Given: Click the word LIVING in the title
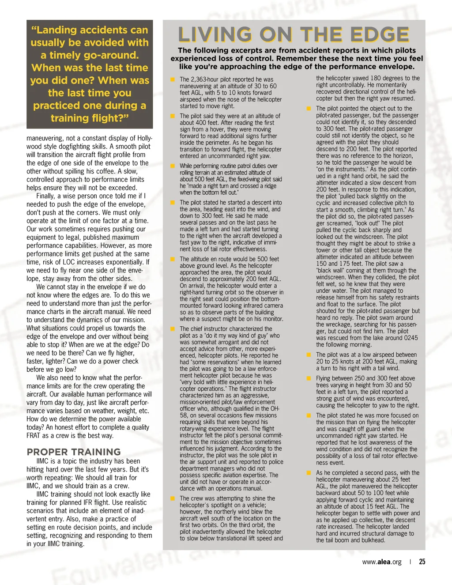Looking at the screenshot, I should click(x=215, y=35).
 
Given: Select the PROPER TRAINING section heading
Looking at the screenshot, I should click(x=74, y=452).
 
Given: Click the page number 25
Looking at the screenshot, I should click(x=422, y=562).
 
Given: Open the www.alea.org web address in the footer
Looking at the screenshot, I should click(x=382, y=562).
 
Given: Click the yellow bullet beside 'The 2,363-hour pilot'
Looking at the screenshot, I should click(x=173, y=79).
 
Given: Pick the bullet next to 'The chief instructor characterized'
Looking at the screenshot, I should click(x=173, y=329).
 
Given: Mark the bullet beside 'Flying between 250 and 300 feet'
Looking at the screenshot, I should click(x=309, y=378).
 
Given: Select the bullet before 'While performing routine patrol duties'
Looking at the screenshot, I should click(x=173, y=166).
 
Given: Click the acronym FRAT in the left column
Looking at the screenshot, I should click(x=34, y=435).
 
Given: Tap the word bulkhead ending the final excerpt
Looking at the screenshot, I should click(x=373, y=540).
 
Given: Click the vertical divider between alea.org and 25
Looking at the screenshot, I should click(x=411, y=562).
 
